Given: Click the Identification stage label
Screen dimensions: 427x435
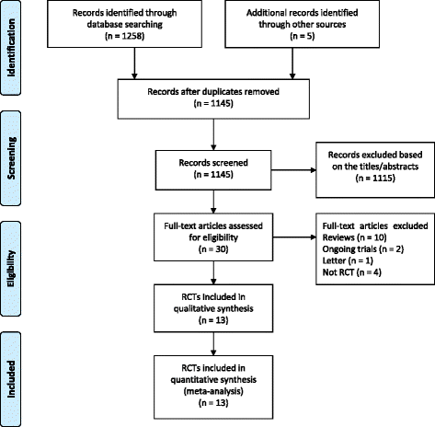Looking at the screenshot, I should (13, 40).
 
